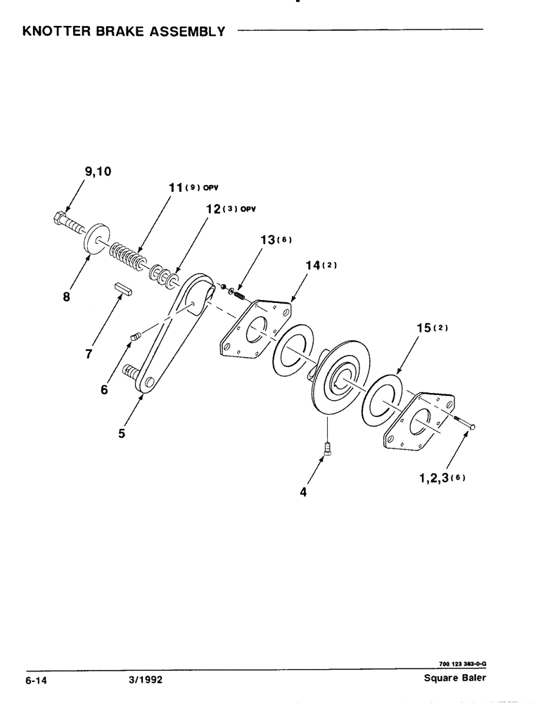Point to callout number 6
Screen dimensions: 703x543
(x=104, y=389)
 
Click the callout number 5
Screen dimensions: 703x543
(x=122, y=433)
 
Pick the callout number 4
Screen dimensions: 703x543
(x=304, y=493)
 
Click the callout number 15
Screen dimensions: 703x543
(x=421, y=328)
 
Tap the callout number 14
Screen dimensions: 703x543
(x=312, y=265)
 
